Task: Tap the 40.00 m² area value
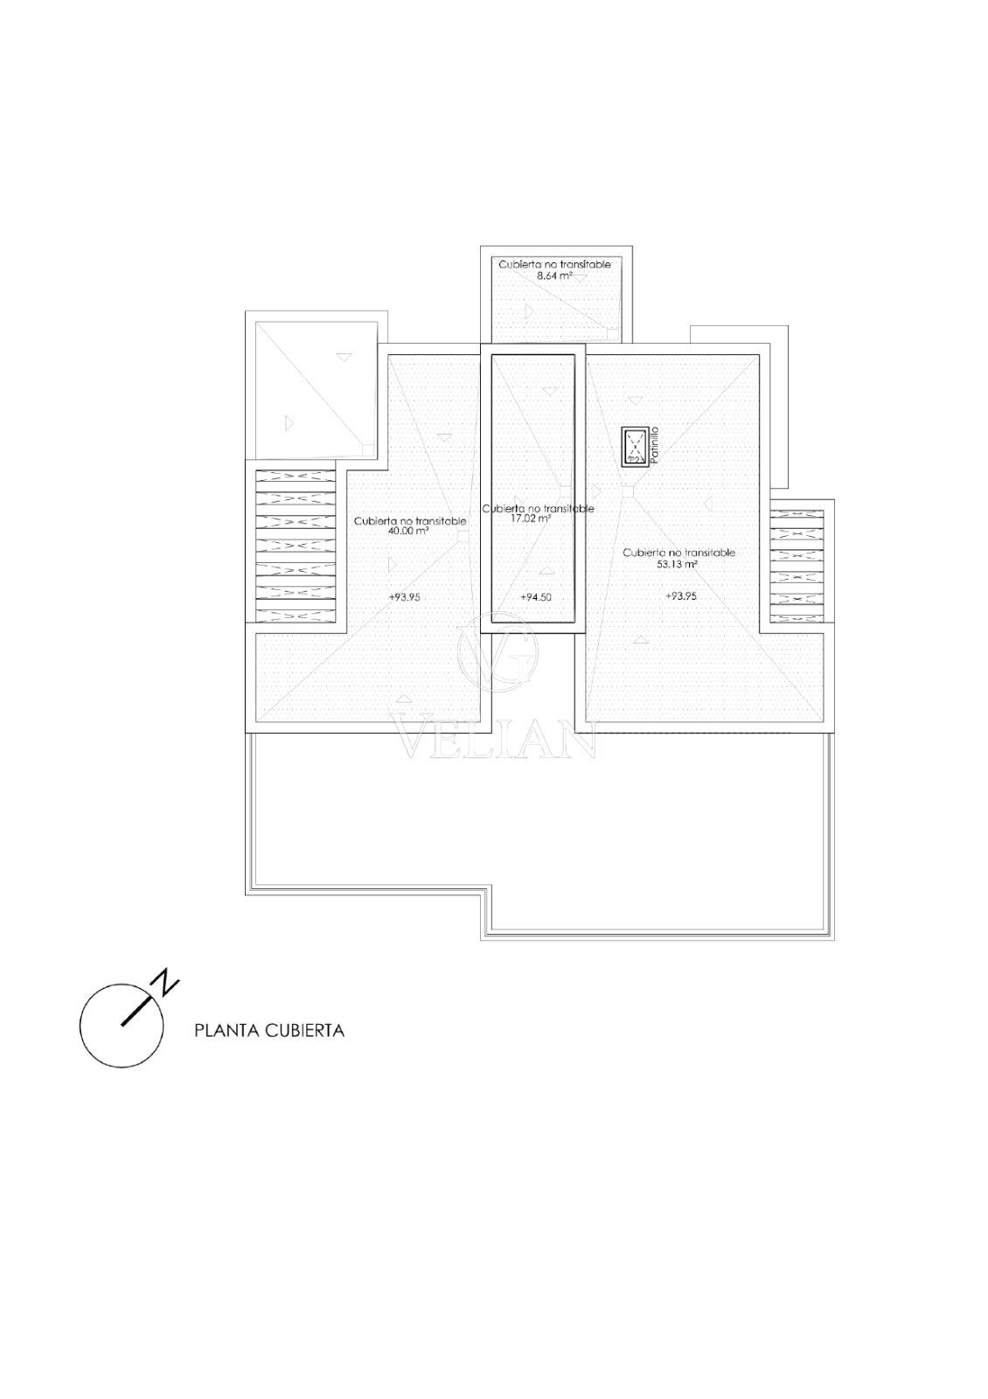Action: click(x=408, y=531)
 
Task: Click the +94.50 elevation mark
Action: click(x=536, y=597)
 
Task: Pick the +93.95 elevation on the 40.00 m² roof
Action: click(x=405, y=597)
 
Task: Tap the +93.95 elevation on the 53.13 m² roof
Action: click(x=681, y=595)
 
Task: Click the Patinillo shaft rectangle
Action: click(x=634, y=446)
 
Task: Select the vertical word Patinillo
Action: click(x=654, y=445)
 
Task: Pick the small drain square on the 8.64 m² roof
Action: click(x=613, y=333)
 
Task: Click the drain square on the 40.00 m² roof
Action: click(x=463, y=535)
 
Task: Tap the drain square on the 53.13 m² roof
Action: click(x=628, y=491)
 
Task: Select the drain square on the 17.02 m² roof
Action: click(x=565, y=491)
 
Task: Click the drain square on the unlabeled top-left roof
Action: click(x=368, y=449)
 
